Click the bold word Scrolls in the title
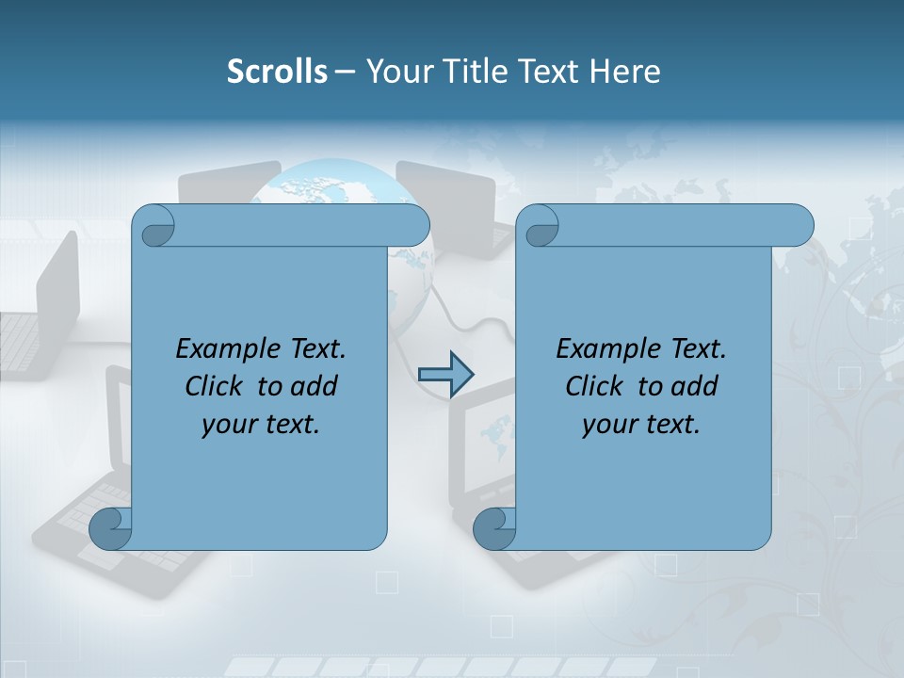[277, 72]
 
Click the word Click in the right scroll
[595, 386]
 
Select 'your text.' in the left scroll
[261, 424]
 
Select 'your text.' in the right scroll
[641, 424]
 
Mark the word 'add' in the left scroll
[314, 386]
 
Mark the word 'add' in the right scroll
[694, 386]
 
